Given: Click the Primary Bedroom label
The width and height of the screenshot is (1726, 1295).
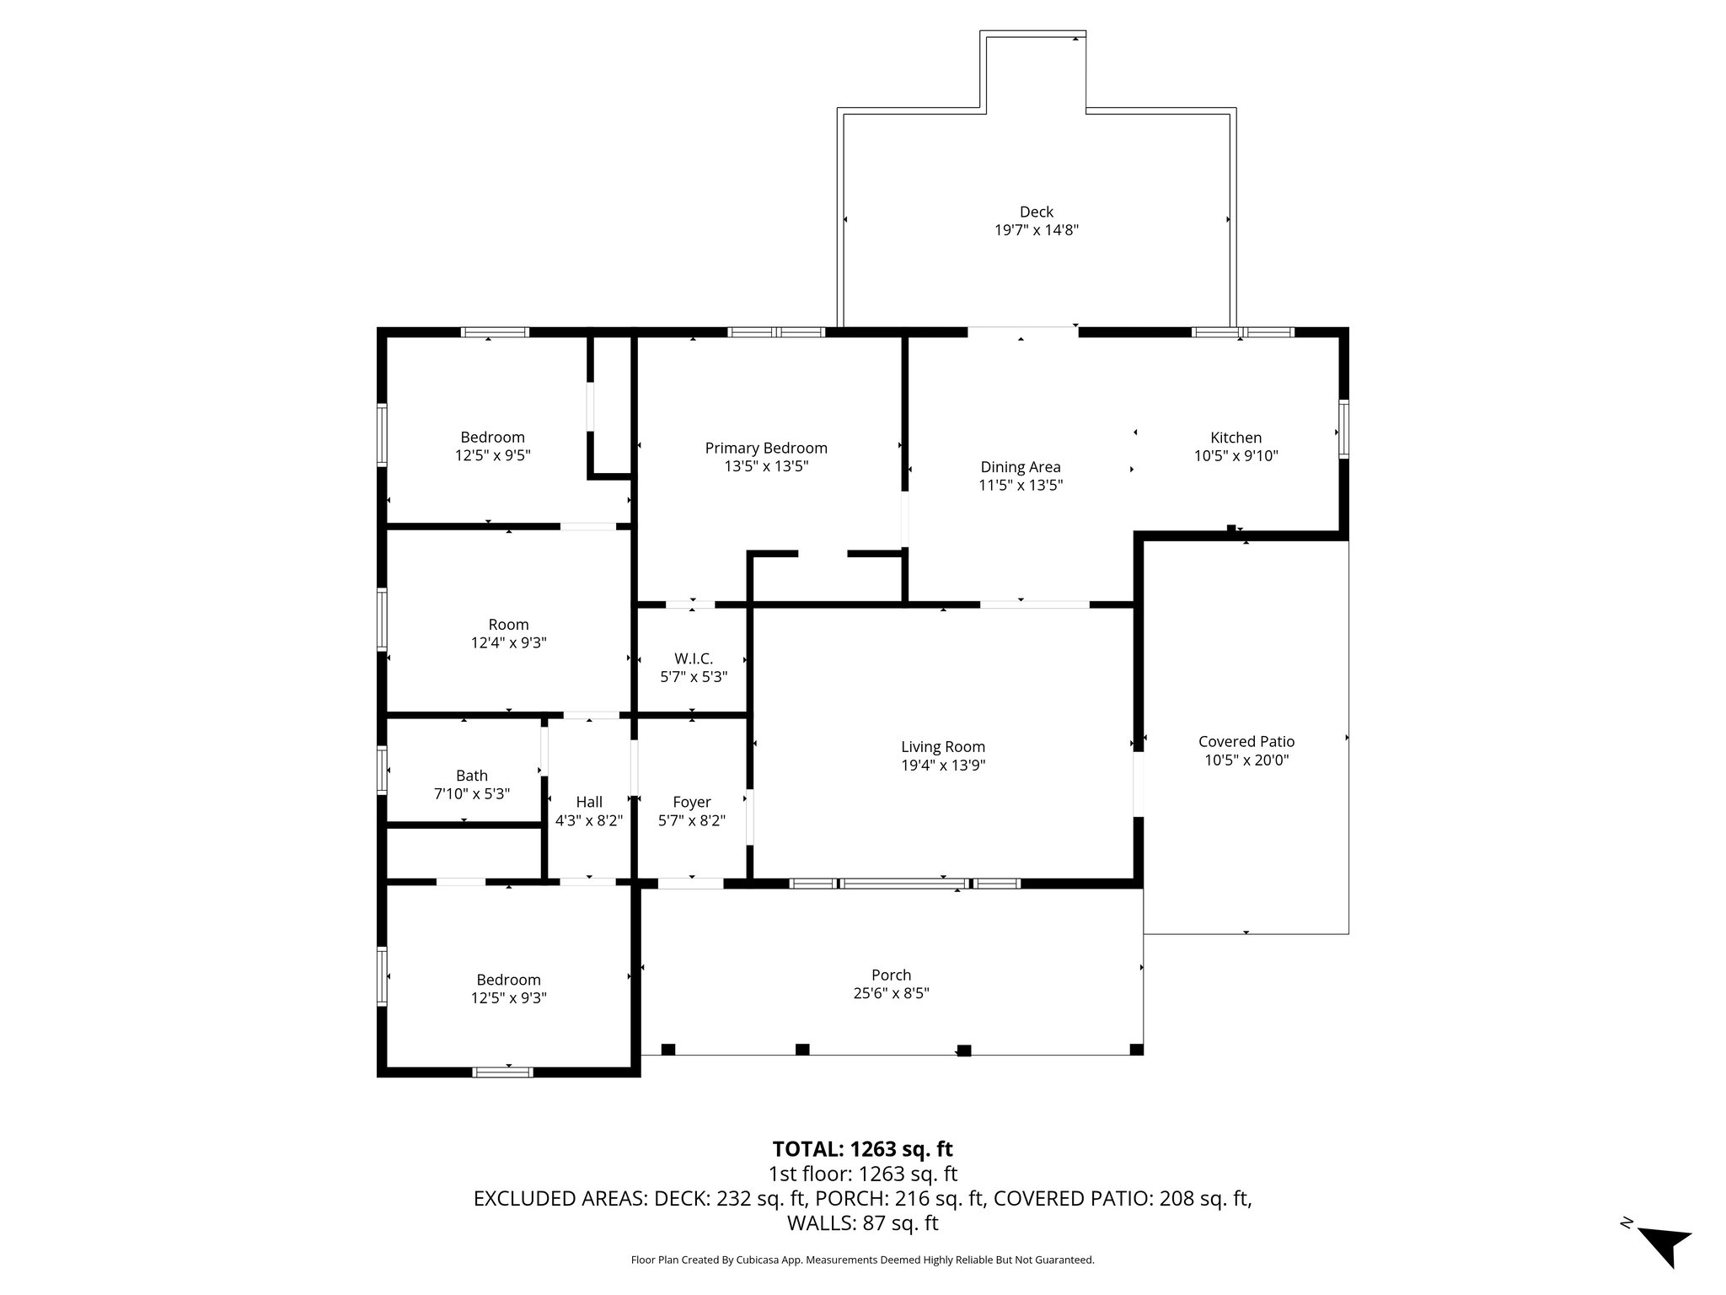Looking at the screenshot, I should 766,449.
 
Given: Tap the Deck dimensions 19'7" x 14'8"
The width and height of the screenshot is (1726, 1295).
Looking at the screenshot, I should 1036,230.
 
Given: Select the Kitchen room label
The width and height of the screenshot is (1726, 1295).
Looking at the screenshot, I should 1236,438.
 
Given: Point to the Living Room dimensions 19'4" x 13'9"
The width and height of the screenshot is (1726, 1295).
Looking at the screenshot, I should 942,766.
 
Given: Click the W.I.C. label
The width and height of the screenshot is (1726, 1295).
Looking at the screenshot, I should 693,658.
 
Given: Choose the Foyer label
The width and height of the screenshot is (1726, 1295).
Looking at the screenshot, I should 691,802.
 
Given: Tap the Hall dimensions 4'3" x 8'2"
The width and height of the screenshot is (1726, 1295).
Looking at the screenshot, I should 588,820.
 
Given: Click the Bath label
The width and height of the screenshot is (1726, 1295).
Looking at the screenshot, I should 471,776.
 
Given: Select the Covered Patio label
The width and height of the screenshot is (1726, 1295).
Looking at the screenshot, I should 1246,742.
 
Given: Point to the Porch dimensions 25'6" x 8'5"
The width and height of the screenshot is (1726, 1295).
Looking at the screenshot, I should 891,993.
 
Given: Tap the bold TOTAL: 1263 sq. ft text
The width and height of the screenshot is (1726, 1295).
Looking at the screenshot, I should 862,1149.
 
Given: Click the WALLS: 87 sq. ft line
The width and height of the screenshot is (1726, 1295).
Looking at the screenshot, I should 862,1223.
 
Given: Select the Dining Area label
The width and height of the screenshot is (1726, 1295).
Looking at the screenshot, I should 1020,467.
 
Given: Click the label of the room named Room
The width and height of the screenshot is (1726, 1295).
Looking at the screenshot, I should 508,625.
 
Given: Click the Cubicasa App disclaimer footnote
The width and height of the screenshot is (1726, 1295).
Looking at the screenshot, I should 862,1260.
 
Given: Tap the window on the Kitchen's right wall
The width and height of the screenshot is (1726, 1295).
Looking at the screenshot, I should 1343,430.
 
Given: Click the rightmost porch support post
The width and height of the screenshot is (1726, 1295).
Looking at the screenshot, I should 1136,1050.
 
